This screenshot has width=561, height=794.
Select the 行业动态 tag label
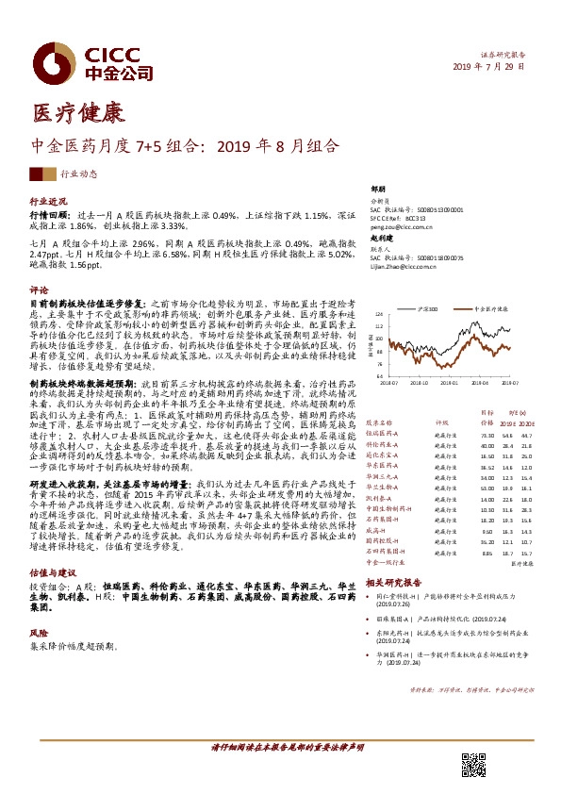point(78,174)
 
